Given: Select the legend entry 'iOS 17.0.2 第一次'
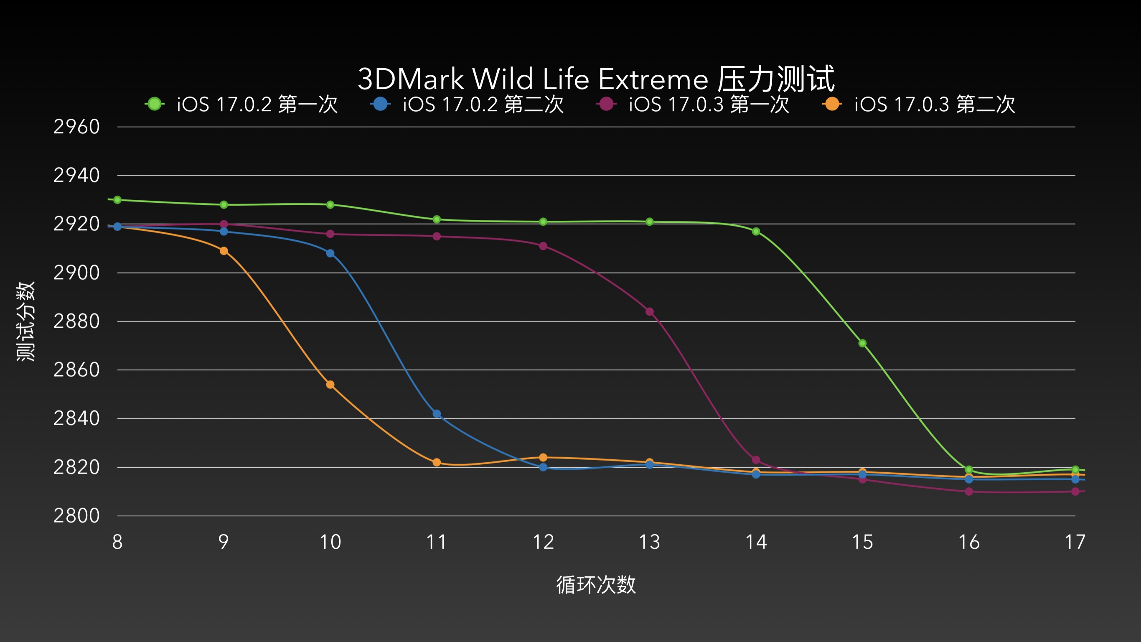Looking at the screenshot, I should point(241,104).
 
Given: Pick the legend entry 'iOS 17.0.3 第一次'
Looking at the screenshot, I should point(694,104).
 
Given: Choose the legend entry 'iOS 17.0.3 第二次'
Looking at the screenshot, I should point(920,104).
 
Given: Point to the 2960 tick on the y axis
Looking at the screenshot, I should point(76,127).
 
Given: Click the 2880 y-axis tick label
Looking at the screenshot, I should point(76,321).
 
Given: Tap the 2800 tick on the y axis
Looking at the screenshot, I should point(76,516).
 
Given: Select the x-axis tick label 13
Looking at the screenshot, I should point(649,542).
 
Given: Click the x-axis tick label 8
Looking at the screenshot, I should point(117,542).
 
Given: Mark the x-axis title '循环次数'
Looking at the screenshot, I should point(596,585).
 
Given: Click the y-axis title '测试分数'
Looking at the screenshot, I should point(25,321).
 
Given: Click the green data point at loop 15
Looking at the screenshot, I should point(862,344).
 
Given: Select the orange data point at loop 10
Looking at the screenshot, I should point(330,385).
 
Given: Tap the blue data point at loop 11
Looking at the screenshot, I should point(437,414).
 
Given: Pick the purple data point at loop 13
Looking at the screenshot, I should point(649,312).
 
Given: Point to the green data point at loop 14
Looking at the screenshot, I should point(756,232).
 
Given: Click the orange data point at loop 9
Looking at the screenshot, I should point(224,251).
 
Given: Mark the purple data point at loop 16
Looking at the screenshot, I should point(969,492).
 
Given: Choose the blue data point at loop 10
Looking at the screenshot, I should point(330,253).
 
